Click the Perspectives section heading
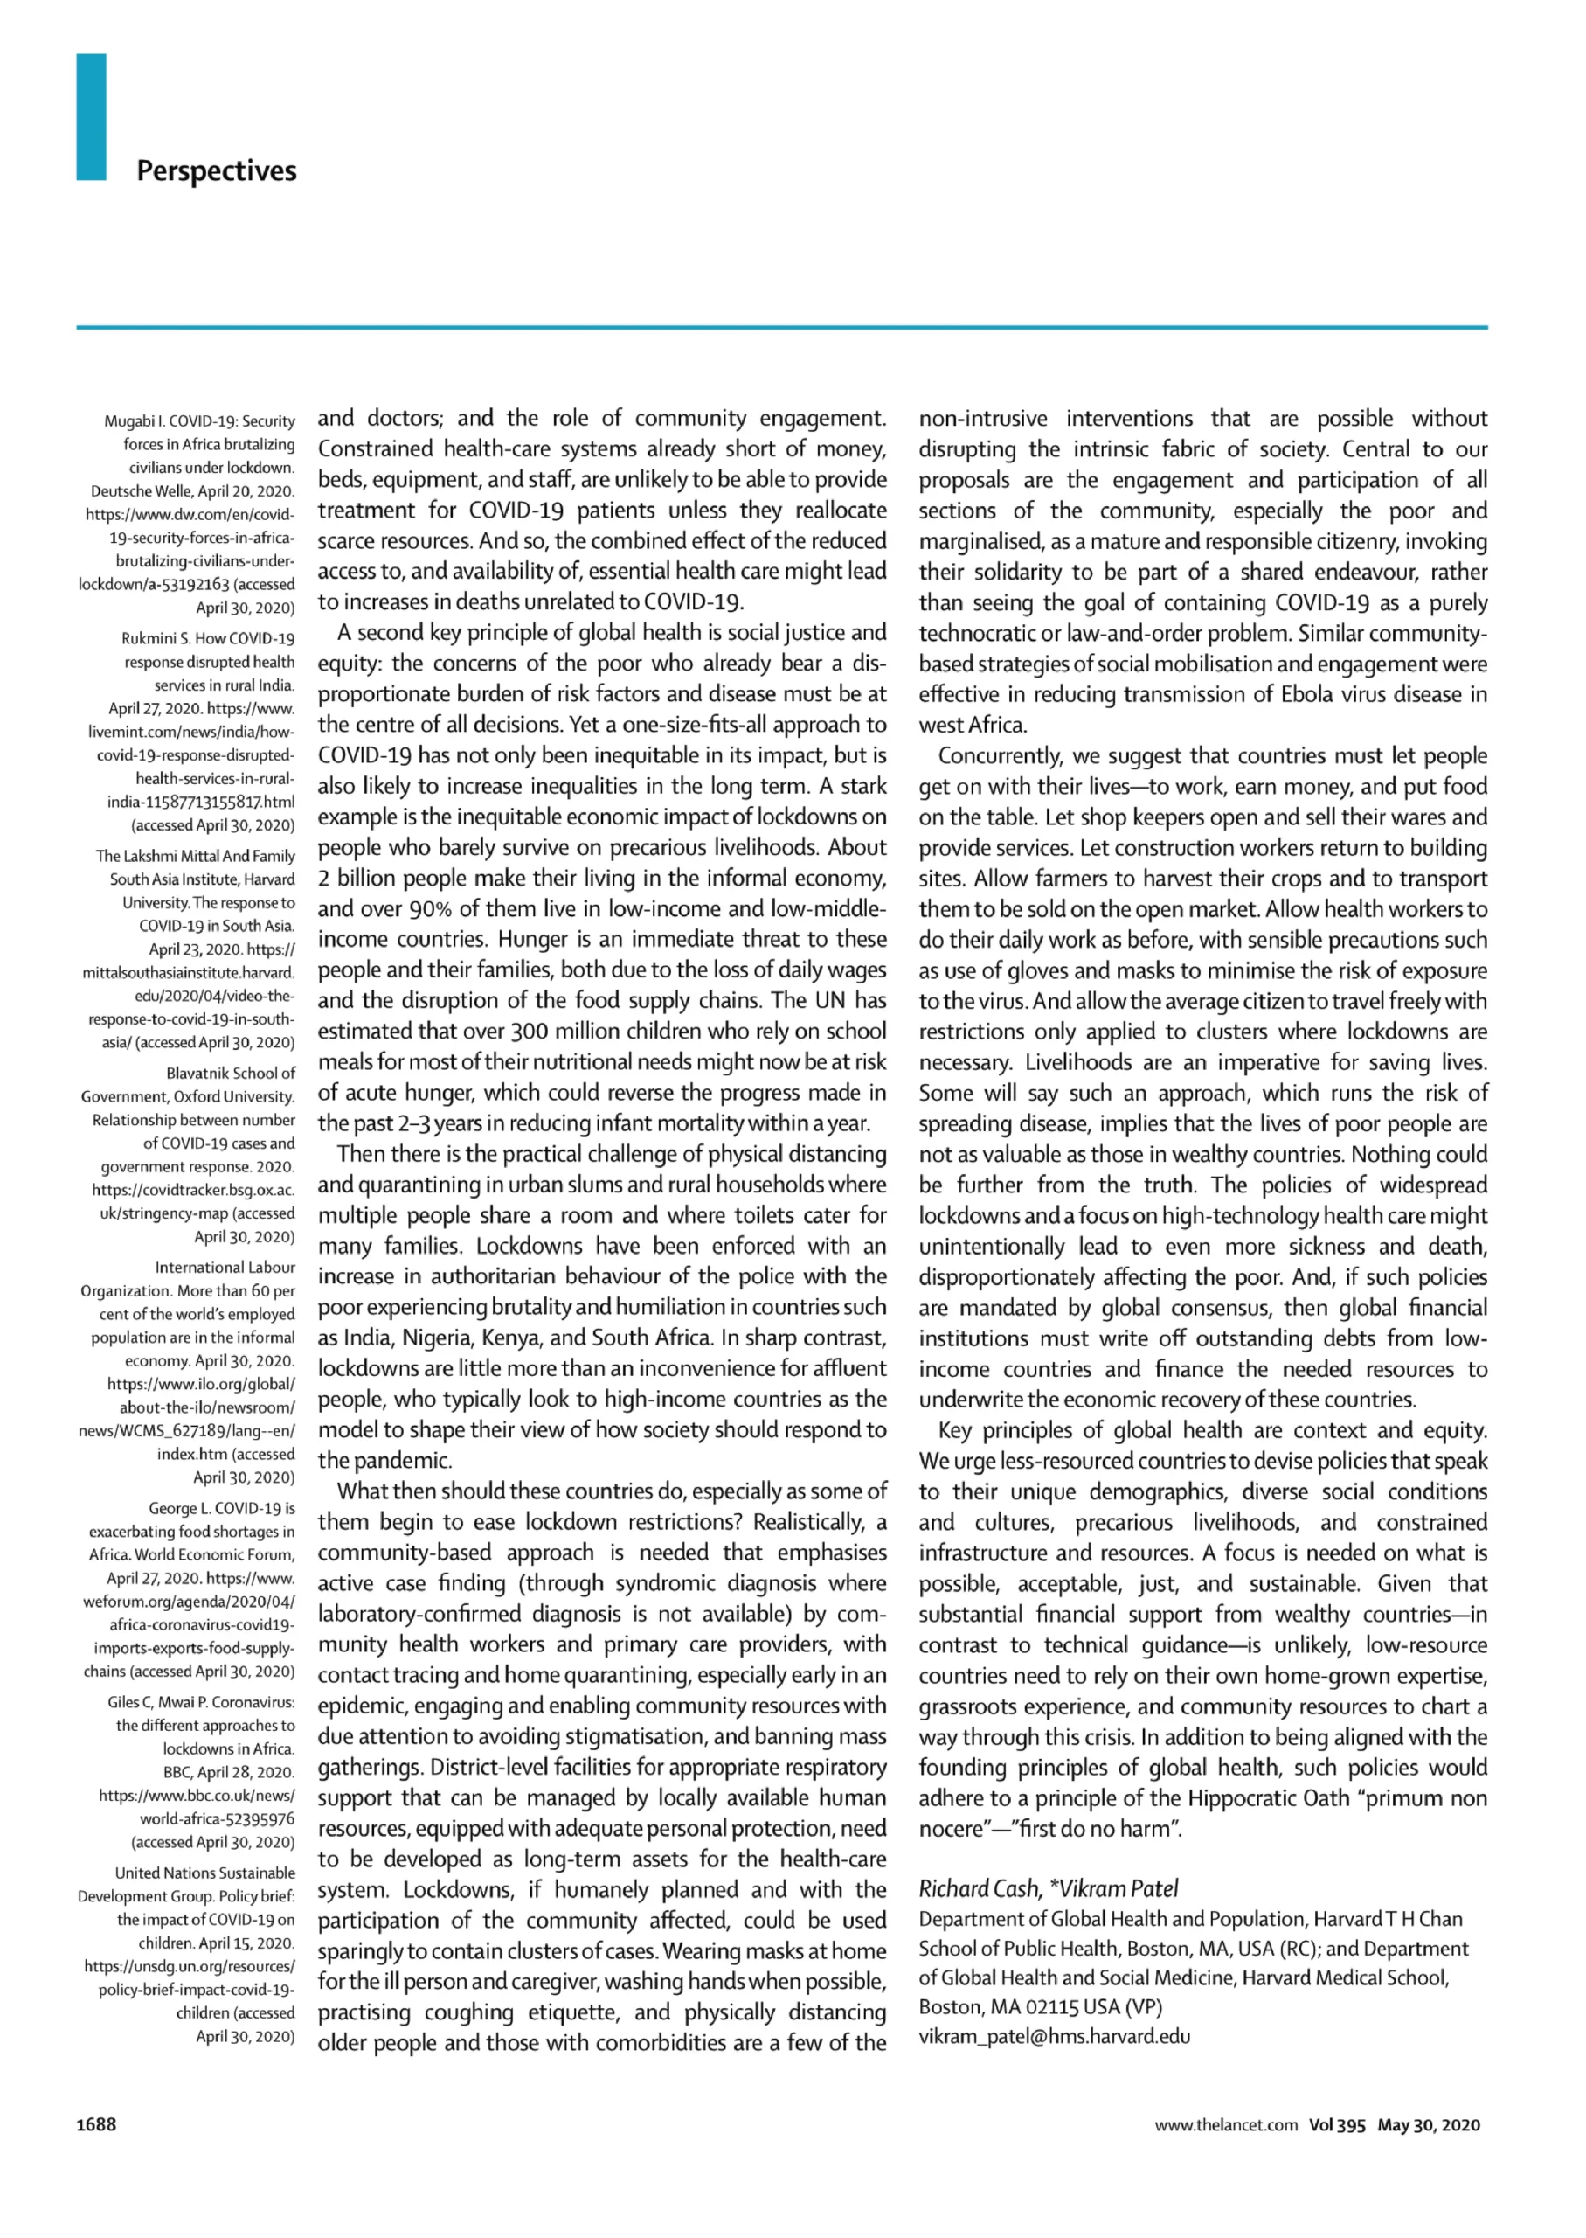(216, 171)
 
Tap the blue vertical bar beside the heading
(91, 117)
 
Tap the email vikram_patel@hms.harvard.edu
(1055, 2037)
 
